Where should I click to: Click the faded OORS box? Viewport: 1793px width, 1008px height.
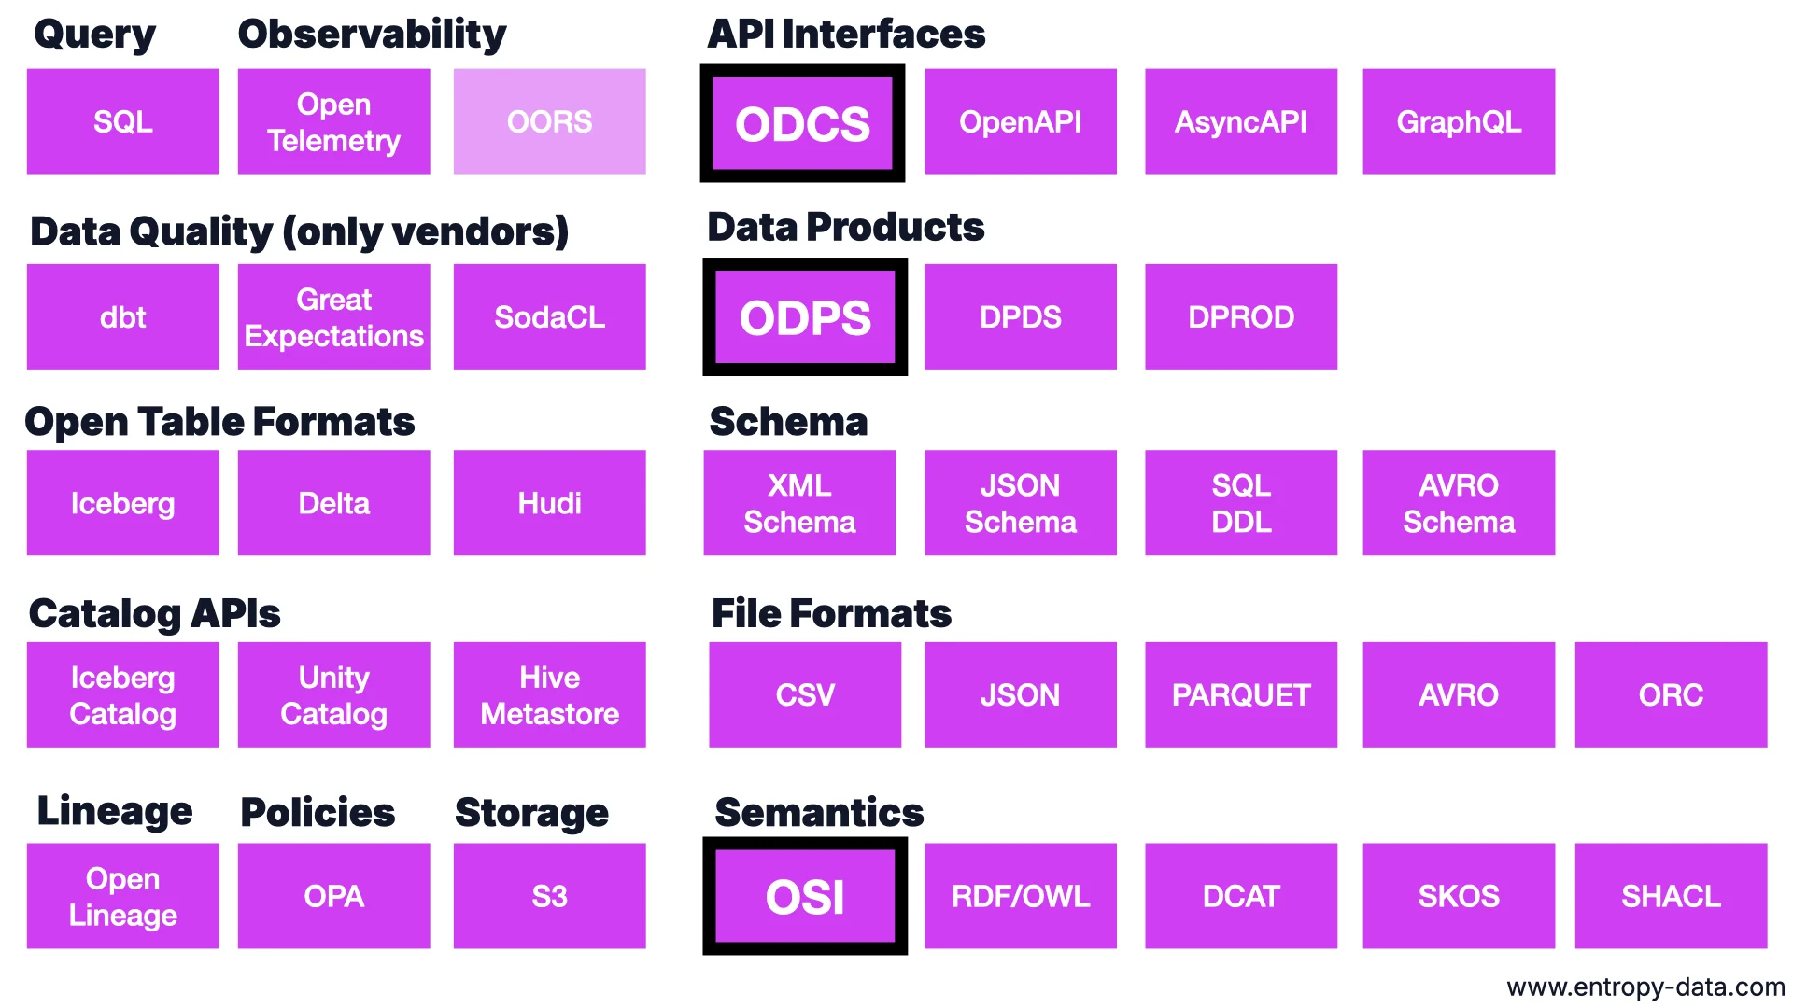click(549, 121)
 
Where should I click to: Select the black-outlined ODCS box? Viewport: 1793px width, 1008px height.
click(802, 123)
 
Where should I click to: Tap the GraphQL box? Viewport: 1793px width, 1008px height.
click(1458, 121)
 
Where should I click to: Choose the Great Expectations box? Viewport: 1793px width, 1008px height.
click(333, 317)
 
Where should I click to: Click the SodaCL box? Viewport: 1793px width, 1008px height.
click(549, 317)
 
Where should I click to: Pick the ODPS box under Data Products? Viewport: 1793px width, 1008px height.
click(804, 317)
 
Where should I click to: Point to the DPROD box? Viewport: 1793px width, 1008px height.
click(1240, 317)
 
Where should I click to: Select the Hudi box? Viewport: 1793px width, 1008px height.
click(549, 503)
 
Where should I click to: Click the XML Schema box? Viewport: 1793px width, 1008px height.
click(799, 503)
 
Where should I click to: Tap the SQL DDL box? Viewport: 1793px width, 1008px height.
click(1240, 503)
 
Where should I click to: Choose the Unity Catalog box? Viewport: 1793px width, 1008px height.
click(333, 694)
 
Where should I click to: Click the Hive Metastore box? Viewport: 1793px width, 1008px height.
click(549, 694)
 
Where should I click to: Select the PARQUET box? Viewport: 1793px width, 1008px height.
click(1240, 694)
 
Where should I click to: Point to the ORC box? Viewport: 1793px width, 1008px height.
click(1670, 694)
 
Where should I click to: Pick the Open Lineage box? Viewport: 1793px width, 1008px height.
click(122, 896)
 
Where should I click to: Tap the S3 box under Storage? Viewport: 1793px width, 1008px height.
click(549, 896)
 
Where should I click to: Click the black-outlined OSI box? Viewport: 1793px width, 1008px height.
click(804, 896)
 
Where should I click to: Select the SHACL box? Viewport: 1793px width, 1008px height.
click(1670, 896)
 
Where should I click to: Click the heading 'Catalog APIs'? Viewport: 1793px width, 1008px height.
click(155, 613)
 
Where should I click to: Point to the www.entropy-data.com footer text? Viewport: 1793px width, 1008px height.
click(1645, 987)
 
